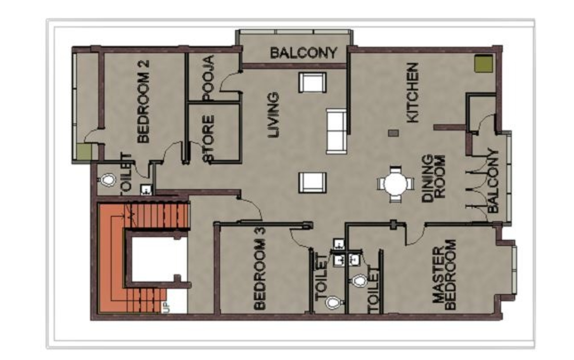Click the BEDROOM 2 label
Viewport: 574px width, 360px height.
click(x=143, y=101)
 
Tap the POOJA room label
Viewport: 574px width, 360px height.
click(x=208, y=78)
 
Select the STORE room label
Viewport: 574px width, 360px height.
click(x=208, y=139)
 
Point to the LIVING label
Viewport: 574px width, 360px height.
click(x=273, y=115)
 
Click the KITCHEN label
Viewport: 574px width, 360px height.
click(x=413, y=92)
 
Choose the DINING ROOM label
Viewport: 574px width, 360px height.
click(x=434, y=178)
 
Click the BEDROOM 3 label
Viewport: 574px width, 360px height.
click(x=259, y=274)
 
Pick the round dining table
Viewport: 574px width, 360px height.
click(x=396, y=184)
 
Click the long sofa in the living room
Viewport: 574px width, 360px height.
click(x=337, y=130)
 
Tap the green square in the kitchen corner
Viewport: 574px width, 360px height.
click(x=484, y=64)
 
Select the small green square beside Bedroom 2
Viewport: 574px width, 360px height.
click(x=85, y=152)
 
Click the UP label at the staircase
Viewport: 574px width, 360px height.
click(x=166, y=307)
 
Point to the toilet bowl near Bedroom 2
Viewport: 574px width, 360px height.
click(x=107, y=180)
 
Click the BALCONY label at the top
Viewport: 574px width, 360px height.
click(x=304, y=53)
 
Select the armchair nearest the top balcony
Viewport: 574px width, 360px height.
click(x=312, y=82)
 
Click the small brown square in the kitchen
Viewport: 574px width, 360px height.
click(x=393, y=133)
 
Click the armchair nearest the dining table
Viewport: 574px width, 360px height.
click(x=312, y=183)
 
